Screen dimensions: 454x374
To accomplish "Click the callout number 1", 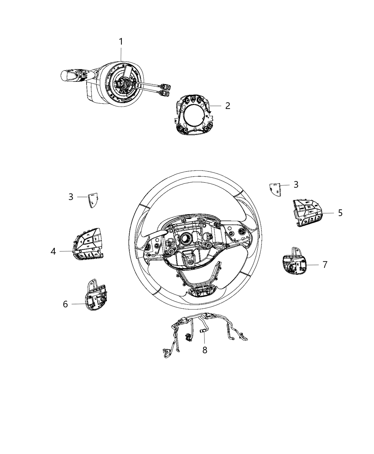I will click(x=121, y=42).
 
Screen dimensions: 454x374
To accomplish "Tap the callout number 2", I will click(x=228, y=106).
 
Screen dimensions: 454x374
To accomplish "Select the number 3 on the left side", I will click(x=71, y=197).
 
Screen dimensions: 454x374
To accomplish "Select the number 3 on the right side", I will click(x=296, y=184).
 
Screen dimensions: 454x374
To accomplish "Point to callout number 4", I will click(x=53, y=251).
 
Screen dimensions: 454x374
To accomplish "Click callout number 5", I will click(x=340, y=213).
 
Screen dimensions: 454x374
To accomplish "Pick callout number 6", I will click(x=65, y=304).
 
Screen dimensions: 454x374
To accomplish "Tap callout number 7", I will click(x=324, y=265).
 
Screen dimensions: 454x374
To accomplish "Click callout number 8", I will click(x=204, y=350).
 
